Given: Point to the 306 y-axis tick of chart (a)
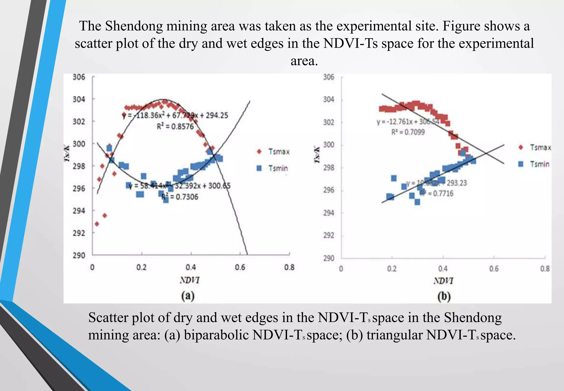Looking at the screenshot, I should point(79,77).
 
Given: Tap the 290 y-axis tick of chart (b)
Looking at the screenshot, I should point(329,258).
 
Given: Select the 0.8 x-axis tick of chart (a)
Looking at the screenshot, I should point(289,267).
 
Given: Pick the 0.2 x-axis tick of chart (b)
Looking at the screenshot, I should point(392,269).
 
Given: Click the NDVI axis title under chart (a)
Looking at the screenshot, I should point(189,280).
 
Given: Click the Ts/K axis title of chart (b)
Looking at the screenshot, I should point(317,155).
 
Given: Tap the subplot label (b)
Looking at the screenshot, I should point(444,296).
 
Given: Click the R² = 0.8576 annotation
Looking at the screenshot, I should point(175,127).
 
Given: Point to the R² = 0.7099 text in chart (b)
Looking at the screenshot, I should point(408,132).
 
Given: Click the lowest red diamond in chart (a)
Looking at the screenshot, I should point(97,224).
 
